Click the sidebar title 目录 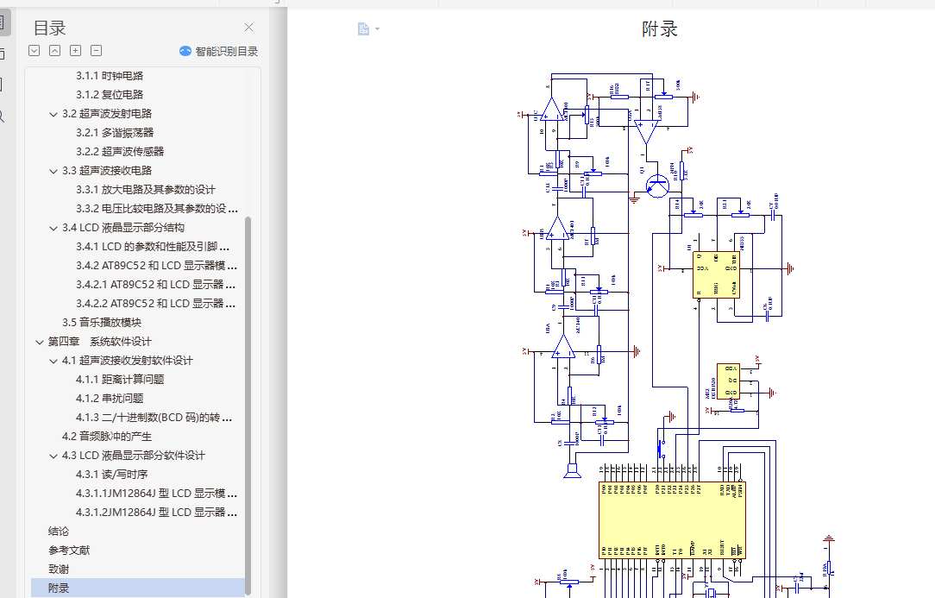click(x=50, y=28)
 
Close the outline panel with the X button click(x=249, y=28)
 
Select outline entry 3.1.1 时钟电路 click(x=110, y=76)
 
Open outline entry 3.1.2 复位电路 click(x=110, y=95)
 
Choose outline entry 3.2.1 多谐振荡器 click(x=115, y=133)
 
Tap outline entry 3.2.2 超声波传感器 click(x=120, y=152)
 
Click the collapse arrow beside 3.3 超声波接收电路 click(x=53, y=171)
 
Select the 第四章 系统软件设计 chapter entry click(x=99, y=342)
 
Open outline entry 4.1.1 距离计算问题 click(x=120, y=380)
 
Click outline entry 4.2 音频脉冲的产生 click(x=107, y=437)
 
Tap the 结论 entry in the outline click(x=59, y=532)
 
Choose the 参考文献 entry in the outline click(x=69, y=551)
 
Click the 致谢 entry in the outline click(x=59, y=570)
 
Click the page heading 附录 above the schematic click(x=660, y=29)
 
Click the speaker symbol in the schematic click(x=569, y=471)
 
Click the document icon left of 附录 click(x=364, y=29)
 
